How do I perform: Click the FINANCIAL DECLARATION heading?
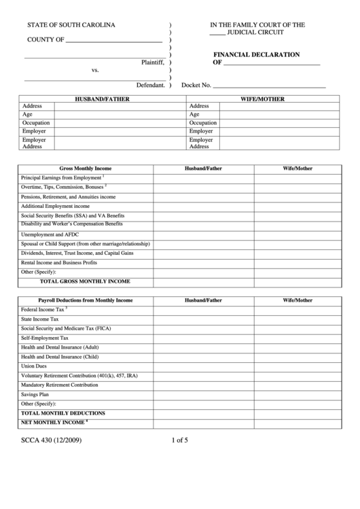[257, 54]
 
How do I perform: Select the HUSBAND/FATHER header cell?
[102, 99]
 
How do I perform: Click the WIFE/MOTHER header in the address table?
[262, 99]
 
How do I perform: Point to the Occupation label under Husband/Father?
[35, 123]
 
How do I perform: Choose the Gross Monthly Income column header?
[86, 168]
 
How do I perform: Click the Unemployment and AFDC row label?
[51, 234]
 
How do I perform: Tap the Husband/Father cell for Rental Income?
[204, 262]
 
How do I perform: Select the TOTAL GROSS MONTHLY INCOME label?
[85, 281]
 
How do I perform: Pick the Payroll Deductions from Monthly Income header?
[86, 300]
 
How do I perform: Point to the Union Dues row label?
[35, 366]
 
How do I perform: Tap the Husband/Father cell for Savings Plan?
[204, 394]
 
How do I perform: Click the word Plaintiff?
[153, 62]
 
